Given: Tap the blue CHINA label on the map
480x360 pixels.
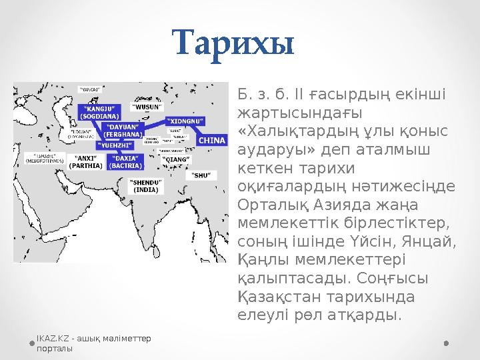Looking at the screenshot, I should [212, 140].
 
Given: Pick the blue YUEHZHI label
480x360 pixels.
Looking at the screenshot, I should [115, 144].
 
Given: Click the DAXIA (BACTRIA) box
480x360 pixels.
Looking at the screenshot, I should [125, 161].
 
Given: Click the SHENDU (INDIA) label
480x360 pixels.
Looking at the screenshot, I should [145, 185].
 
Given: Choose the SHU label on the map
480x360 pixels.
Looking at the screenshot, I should [201, 175].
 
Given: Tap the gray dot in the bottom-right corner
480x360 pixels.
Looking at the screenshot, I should [445, 343].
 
